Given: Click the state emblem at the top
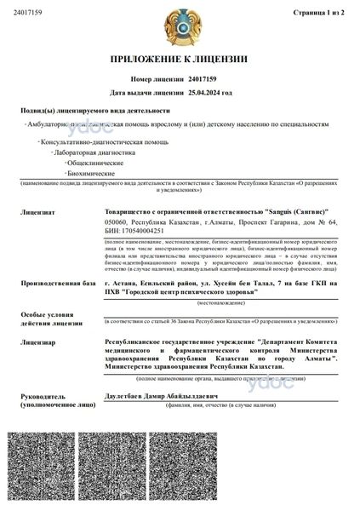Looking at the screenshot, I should [x=180, y=26].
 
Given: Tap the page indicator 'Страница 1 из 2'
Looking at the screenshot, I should [x=317, y=13].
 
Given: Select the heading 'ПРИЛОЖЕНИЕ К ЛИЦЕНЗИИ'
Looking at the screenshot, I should [x=180, y=59].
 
